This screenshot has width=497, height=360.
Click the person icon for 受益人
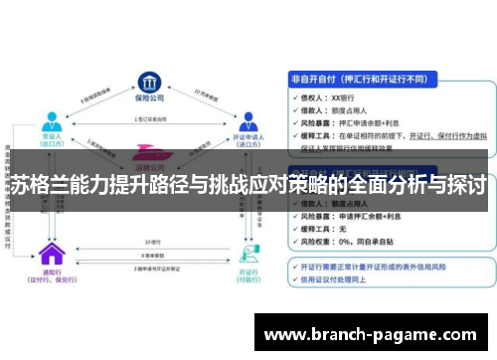(x=51, y=121)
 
